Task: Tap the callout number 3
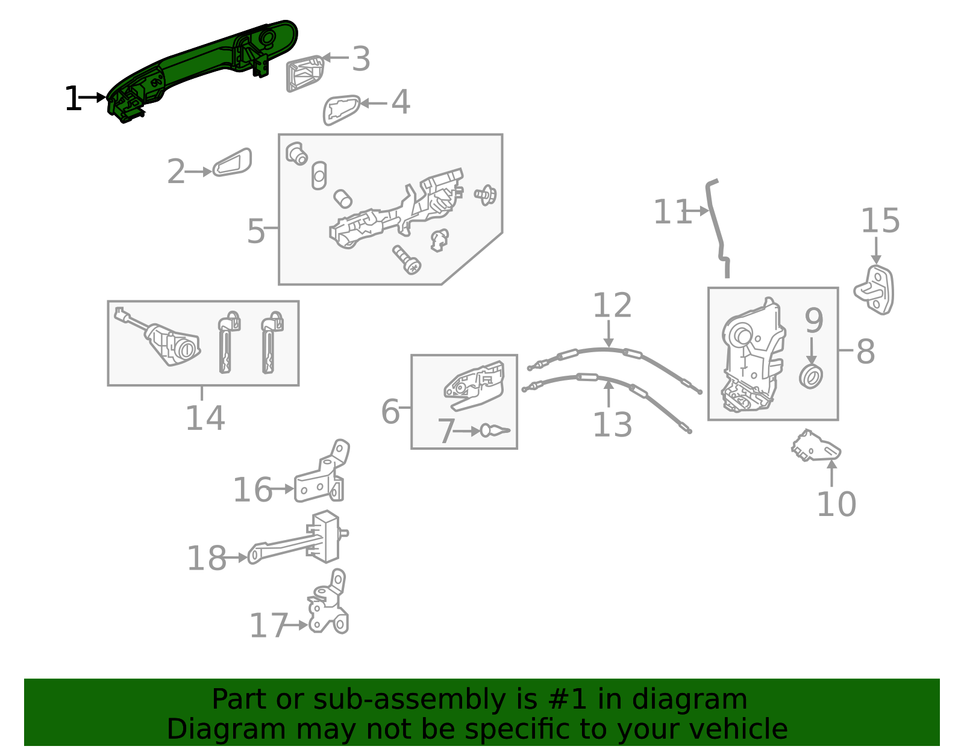click(x=361, y=58)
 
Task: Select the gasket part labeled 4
click(x=341, y=110)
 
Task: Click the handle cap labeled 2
click(x=232, y=163)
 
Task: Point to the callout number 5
click(x=256, y=231)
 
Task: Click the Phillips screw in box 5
click(x=407, y=260)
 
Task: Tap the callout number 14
click(x=205, y=418)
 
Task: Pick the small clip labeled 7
click(x=495, y=430)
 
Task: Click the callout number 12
click(x=612, y=305)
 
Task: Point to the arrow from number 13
click(x=609, y=394)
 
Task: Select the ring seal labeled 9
click(x=811, y=377)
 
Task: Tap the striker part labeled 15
click(x=874, y=290)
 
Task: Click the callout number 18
click(x=207, y=558)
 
